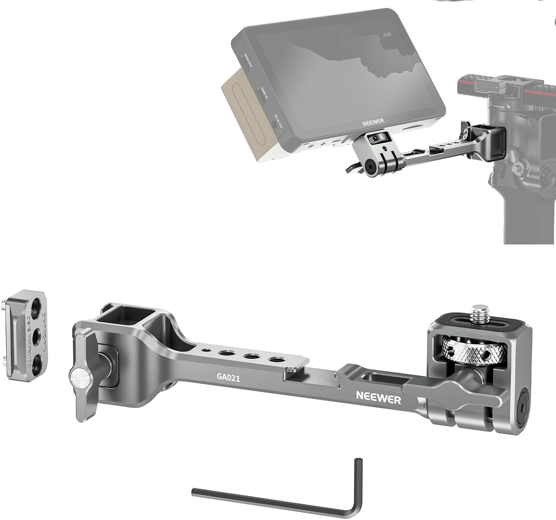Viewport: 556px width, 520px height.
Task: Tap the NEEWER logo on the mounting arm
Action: (x=378, y=399)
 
